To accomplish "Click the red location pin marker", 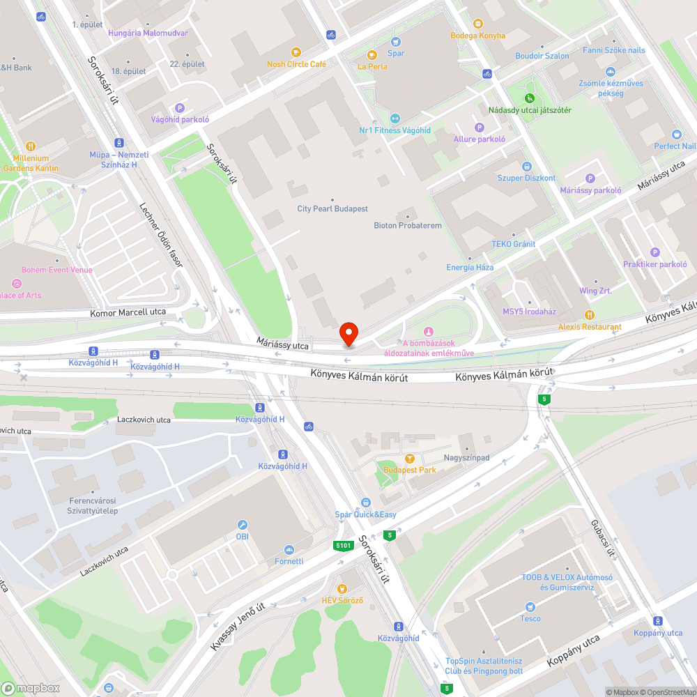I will click(348, 333).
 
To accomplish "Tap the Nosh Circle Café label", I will click(296, 64).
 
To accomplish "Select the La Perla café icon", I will click(372, 55).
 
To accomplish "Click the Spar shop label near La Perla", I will click(395, 53).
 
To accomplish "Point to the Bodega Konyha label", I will click(477, 36).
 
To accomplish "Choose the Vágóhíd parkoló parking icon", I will click(179, 108).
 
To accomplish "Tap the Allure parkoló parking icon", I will click(479, 127).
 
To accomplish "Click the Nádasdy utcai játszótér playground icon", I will click(529, 98).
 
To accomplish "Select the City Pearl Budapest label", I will click(332, 209).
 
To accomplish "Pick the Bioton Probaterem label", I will click(408, 225).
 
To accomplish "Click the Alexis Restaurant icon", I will click(590, 315).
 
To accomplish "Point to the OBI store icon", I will click(242, 525).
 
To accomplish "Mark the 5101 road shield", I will click(342, 546).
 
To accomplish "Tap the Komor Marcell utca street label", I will click(128, 312).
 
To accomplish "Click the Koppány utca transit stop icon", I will click(657, 621).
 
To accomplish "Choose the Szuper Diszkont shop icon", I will click(526, 167).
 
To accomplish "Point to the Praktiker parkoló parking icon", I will click(654, 252).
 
